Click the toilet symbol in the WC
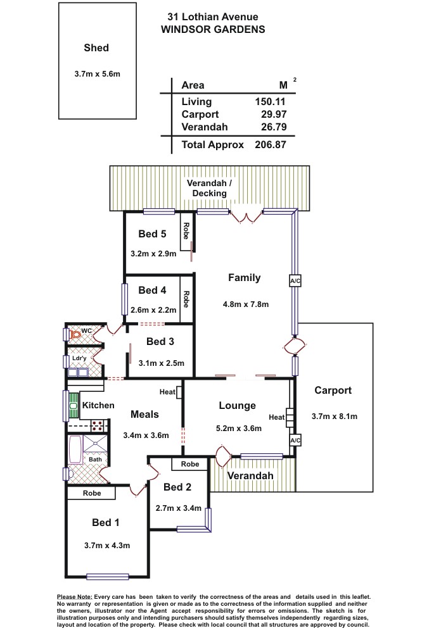click(x=75, y=335)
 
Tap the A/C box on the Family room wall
click(x=295, y=281)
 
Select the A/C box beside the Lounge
click(x=295, y=441)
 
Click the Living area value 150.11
click(x=270, y=102)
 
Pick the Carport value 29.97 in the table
click(x=274, y=114)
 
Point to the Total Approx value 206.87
click(x=271, y=144)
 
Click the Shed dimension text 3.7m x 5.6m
click(x=98, y=74)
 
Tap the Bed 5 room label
click(x=152, y=234)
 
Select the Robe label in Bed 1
click(x=92, y=493)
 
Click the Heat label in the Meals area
click(x=167, y=392)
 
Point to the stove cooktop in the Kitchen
click(x=98, y=425)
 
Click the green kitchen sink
click(x=73, y=405)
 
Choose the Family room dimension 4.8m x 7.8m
click(x=246, y=304)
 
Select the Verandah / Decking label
click(x=209, y=188)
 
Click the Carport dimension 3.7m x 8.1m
click(x=335, y=417)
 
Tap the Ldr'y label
click(x=79, y=358)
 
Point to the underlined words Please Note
click(x=74, y=597)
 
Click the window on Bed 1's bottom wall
click(x=108, y=577)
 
